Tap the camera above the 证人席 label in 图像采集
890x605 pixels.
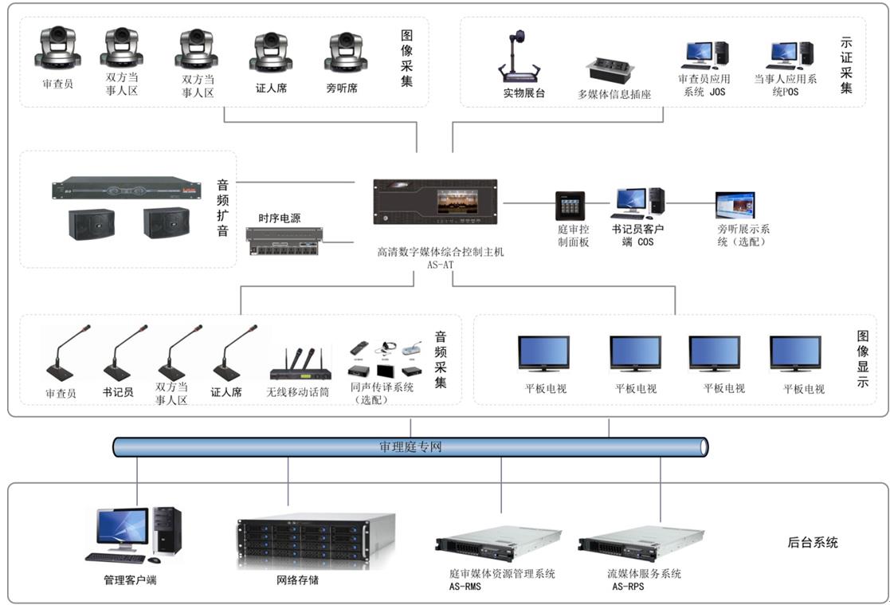[x=271, y=52]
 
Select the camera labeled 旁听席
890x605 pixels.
[x=345, y=52]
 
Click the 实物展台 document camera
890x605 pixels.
[x=523, y=57]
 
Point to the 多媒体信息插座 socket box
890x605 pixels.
[x=609, y=70]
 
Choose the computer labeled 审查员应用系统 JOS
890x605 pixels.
[x=704, y=55]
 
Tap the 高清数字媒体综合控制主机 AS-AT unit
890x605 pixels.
[x=435, y=202]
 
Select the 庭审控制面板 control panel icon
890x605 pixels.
[x=570, y=206]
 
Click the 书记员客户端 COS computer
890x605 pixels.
[x=638, y=203]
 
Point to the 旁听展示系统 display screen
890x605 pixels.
[x=735, y=206]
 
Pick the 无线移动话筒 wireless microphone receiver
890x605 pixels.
[x=300, y=365]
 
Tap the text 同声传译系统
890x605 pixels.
[x=382, y=387]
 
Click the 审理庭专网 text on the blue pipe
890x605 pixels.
[x=410, y=447]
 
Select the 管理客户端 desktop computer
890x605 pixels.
[x=133, y=534]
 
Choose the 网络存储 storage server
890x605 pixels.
[x=316, y=540]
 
